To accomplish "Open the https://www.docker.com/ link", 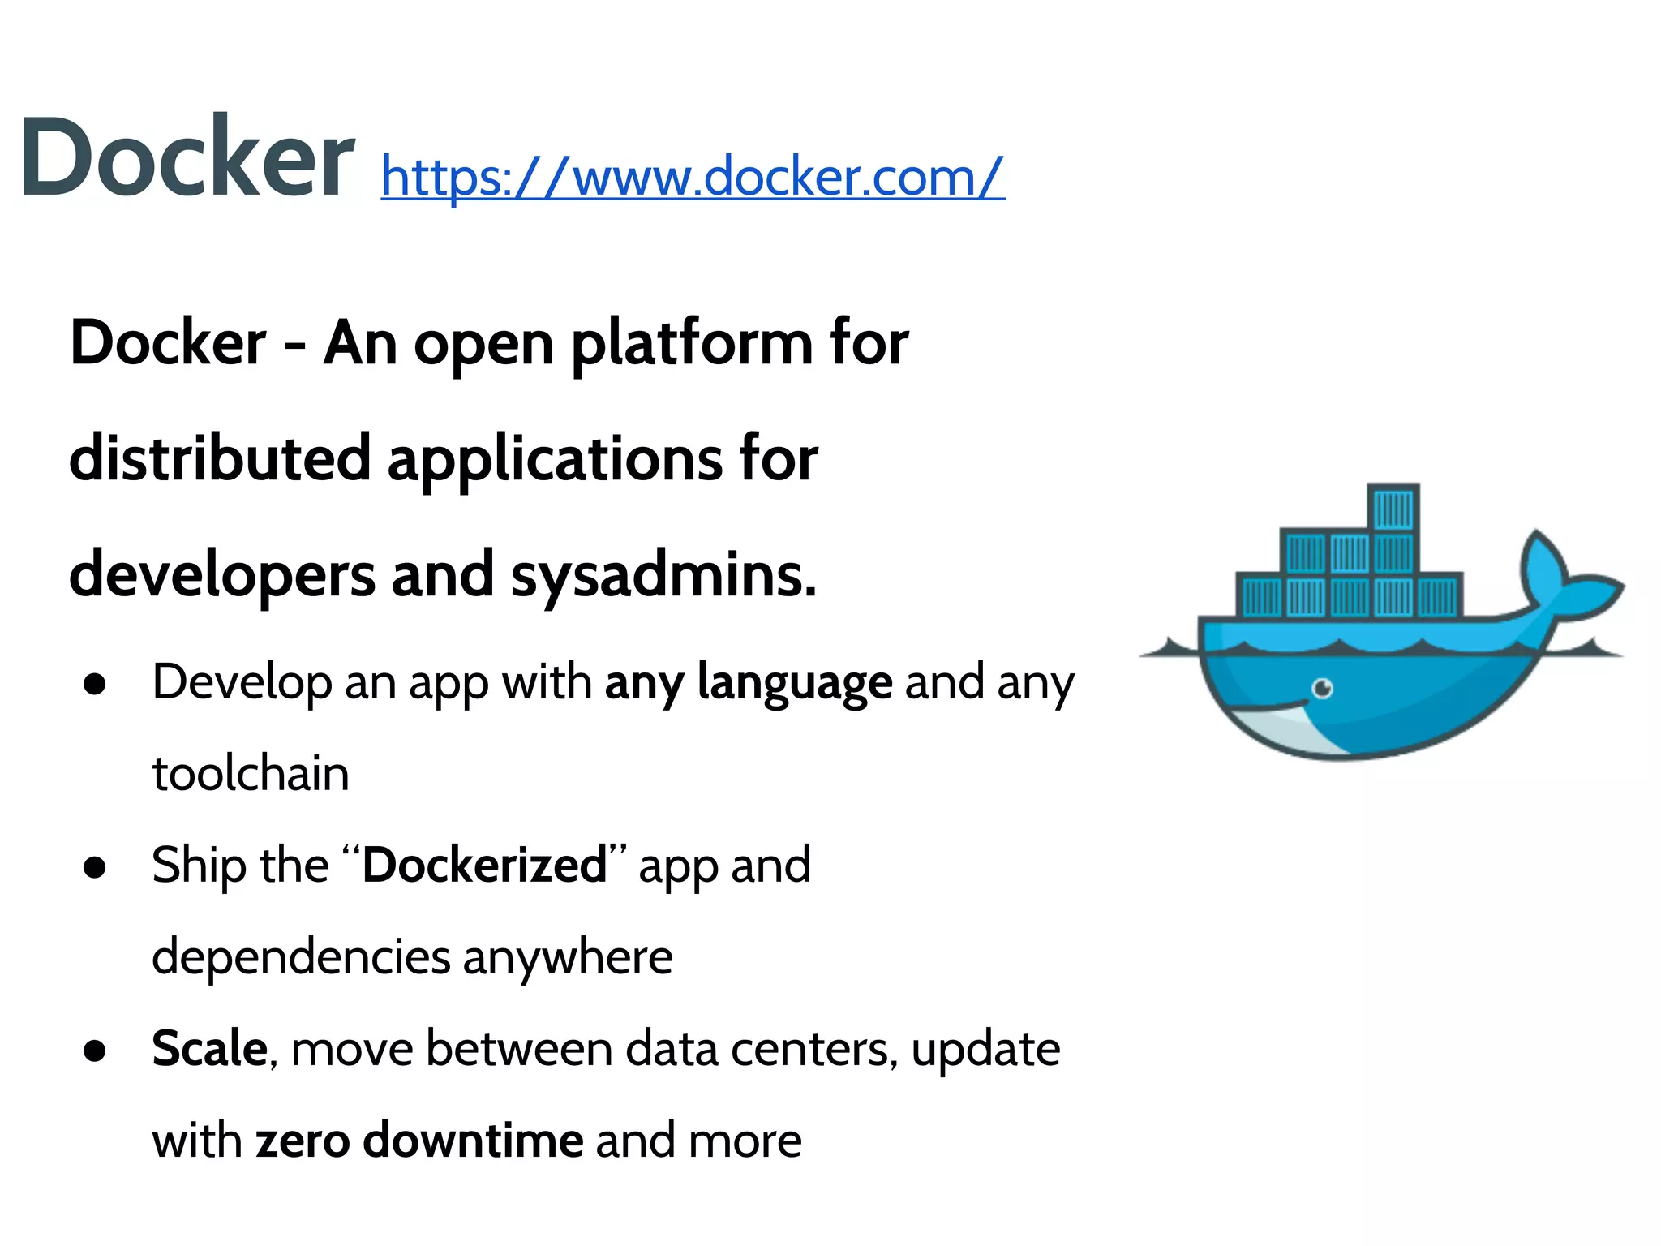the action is point(693,176).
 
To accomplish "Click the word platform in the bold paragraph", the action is point(691,344).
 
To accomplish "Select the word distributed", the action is point(220,459).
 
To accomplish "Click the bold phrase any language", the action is point(748,682).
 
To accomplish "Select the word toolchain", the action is point(251,774).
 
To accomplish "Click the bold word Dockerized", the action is point(485,865).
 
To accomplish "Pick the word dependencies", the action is point(301,957).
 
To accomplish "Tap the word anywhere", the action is point(568,957).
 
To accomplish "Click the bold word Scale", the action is point(209,1048).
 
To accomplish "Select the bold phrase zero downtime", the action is point(419,1141).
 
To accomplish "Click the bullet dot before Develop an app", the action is point(95,685).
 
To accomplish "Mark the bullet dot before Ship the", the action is point(95,867).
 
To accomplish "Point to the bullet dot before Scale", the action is point(95,1051).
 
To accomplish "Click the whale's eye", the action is point(1323,689).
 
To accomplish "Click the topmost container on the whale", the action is point(1393,509).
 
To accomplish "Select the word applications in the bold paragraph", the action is point(555,459).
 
